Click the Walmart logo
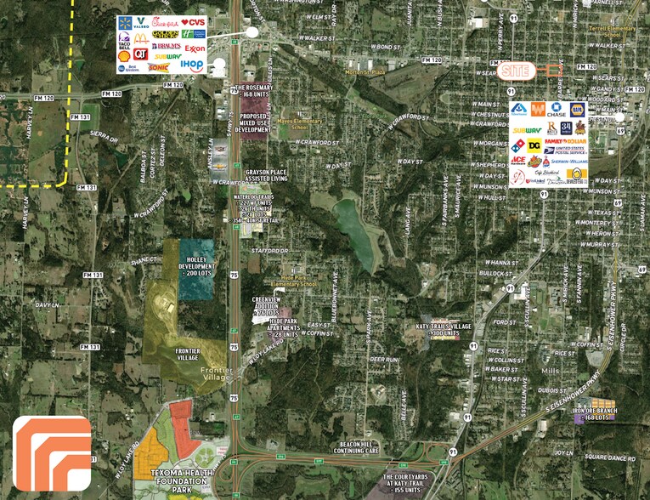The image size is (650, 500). pyautogui.click(x=127, y=22)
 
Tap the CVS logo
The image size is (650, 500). pyautogui.click(x=194, y=22)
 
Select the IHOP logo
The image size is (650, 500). pyautogui.click(x=192, y=65)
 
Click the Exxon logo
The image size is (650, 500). pyautogui.click(x=194, y=49)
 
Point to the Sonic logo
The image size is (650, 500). pyautogui.click(x=159, y=66)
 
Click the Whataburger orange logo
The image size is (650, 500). pyautogui.click(x=538, y=109)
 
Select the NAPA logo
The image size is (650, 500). pyautogui.click(x=578, y=109)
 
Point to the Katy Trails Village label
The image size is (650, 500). pyautogui.click(x=449, y=328)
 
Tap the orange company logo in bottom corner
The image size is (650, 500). pyautogui.click(x=52, y=453)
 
